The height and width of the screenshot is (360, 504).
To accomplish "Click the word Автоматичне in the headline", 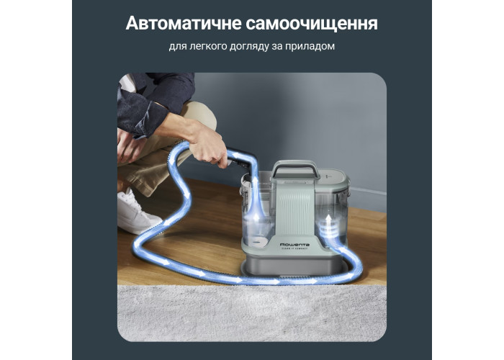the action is (184, 24).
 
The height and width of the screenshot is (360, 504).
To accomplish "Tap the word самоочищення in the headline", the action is (312, 24).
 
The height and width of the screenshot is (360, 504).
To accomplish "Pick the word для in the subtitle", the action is (178, 47).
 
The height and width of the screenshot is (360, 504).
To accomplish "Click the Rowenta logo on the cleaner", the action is (294, 244).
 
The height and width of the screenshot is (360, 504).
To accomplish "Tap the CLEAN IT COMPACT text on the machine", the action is (294, 249).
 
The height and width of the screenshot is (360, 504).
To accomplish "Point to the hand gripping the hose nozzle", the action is (208, 145).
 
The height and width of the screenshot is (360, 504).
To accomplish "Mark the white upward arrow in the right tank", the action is (328, 221).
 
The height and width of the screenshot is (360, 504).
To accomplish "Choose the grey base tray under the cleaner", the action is (292, 266).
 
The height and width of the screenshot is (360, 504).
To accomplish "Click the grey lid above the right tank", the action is (332, 176).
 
